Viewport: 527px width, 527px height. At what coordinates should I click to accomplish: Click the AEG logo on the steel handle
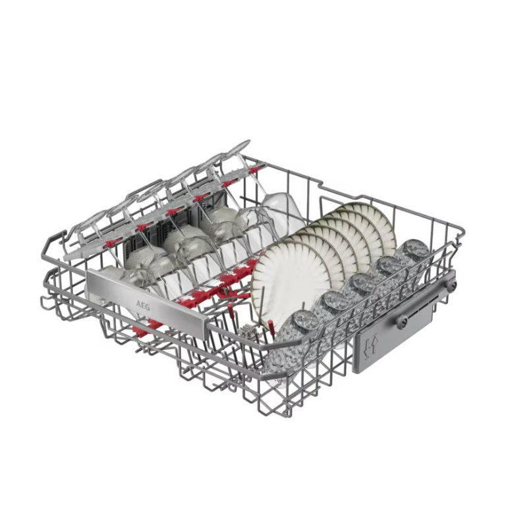tap(143, 306)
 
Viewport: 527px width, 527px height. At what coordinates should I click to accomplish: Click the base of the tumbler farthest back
tap(416, 248)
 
